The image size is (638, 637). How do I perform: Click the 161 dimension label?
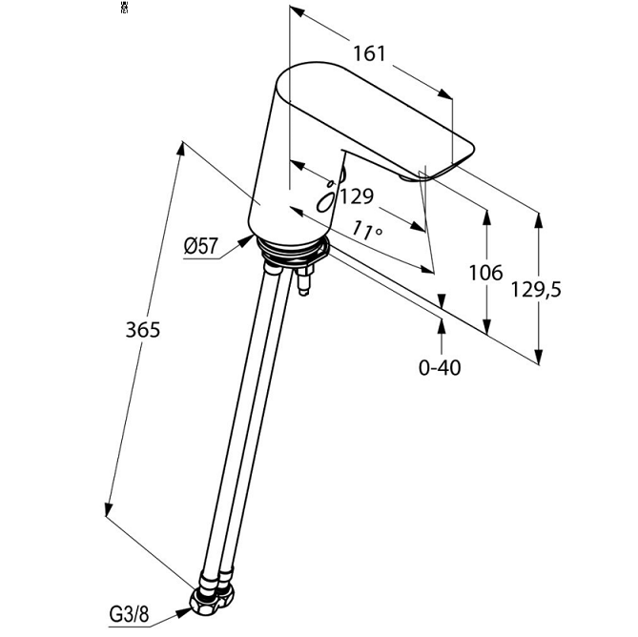click(x=369, y=53)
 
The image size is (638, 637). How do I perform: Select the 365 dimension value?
click(x=142, y=331)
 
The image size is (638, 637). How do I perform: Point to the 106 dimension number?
click(x=485, y=273)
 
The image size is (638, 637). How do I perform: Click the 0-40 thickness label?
click(x=440, y=366)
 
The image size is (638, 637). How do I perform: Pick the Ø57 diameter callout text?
click(x=202, y=248)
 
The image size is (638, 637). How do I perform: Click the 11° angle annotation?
click(x=366, y=231)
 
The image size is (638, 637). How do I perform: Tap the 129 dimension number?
click(x=356, y=197)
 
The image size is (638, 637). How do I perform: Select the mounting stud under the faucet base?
click(x=306, y=282)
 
